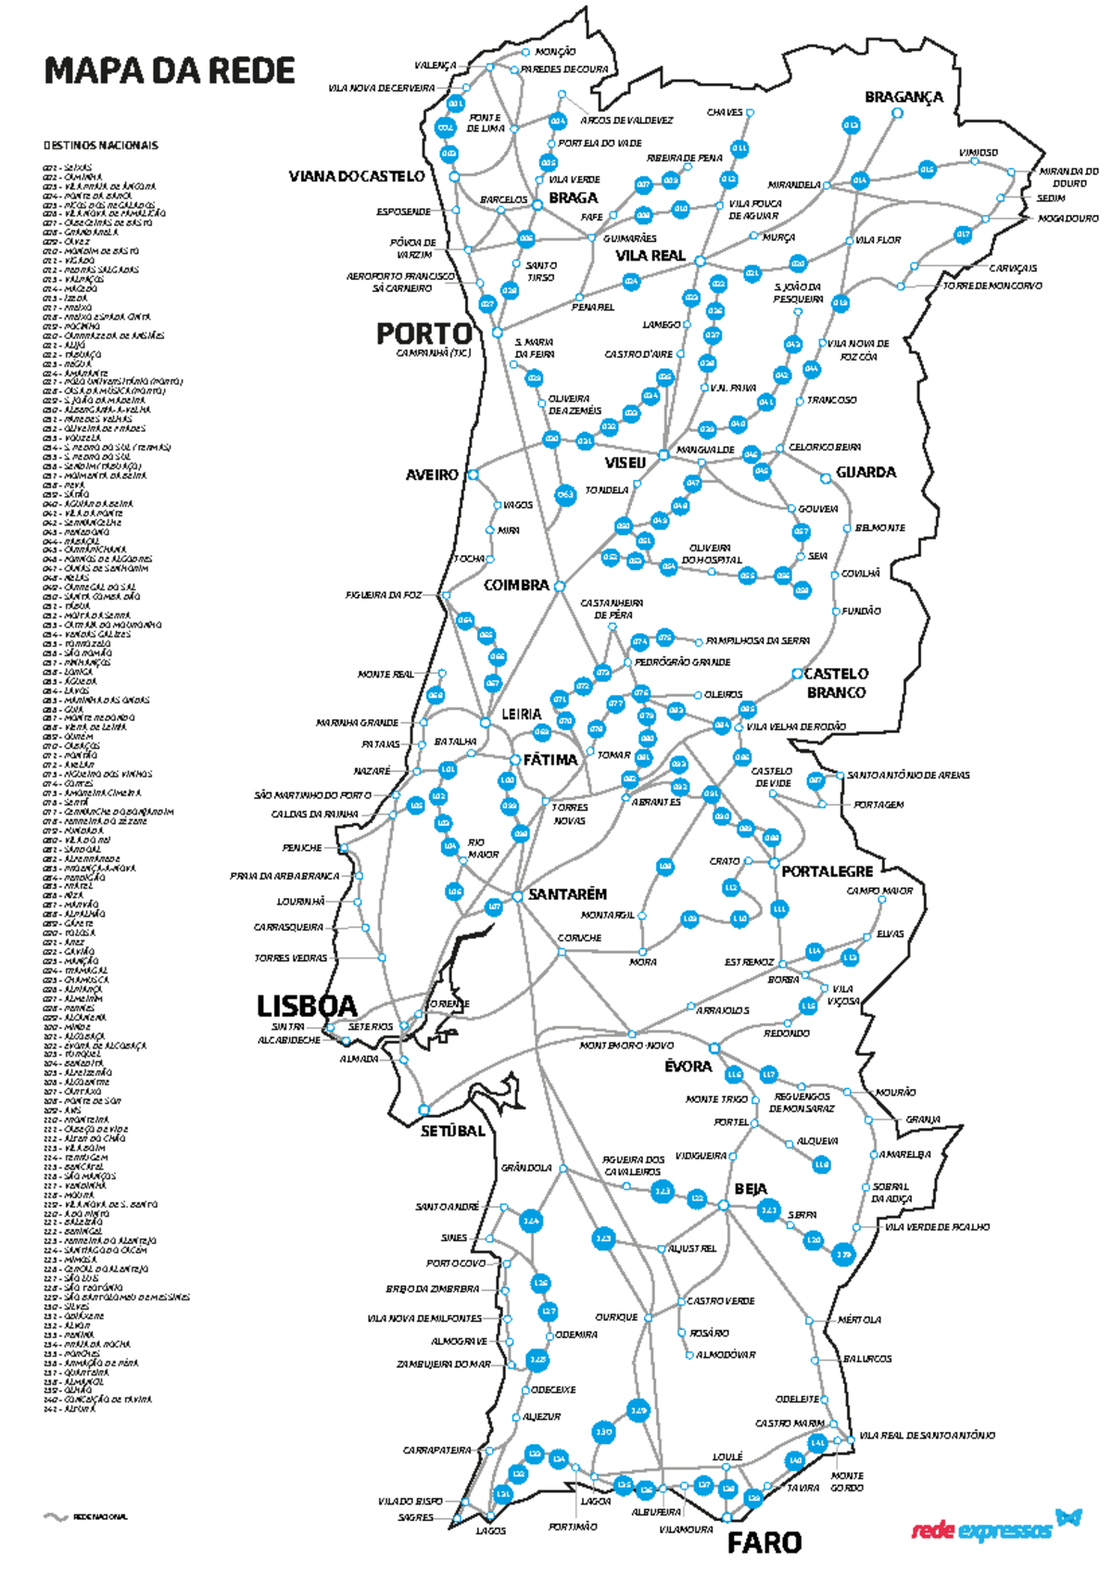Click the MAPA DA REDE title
pyautogui.click(x=170, y=71)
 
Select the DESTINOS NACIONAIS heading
pyautogui.click(x=100, y=146)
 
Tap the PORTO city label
pyautogui.click(x=423, y=334)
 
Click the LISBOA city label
pyautogui.click(x=306, y=1006)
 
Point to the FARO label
pyautogui.click(x=764, y=1543)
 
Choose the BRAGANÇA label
pyautogui.click(x=903, y=96)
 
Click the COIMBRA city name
pyautogui.click(x=516, y=586)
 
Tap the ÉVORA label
pyautogui.click(x=688, y=1067)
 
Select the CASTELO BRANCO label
pyautogui.click(x=836, y=683)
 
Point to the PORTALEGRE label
pyautogui.click(x=827, y=871)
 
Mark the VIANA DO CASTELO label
pyautogui.click(x=357, y=176)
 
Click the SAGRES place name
pyautogui.click(x=415, y=1518)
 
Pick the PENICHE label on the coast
pyautogui.click(x=302, y=848)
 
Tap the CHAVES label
pyautogui.click(x=725, y=112)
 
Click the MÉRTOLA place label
pyautogui.click(x=859, y=1319)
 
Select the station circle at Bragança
pyautogui.click(x=897, y=113)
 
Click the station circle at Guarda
pyautogui.click(x=826, y=478)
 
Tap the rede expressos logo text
pyautogui.click(x=981, y=1529)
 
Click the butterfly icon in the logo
pyautogui.click(x=1068, y=1517)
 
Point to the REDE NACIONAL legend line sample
pyautogui.click(x=56, y=1517)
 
